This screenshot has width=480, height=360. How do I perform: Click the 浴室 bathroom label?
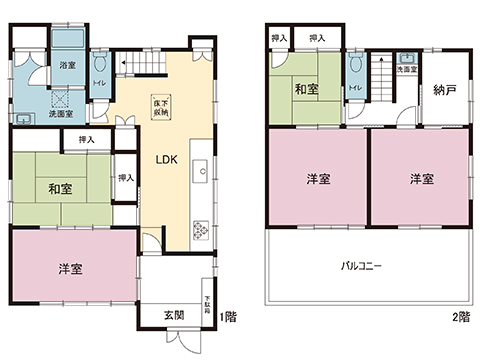(x=67, y=65)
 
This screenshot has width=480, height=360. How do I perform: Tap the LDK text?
(x=166, y=158)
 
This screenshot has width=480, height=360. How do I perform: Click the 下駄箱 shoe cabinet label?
(x=207, y=304)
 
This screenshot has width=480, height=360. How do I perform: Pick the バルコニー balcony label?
(x=363, y=268)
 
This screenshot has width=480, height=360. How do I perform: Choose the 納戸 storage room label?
(x=445, y=90)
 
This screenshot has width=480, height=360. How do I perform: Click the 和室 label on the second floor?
(x=306, y=90)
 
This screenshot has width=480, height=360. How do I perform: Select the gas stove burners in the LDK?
(x=199, y=229)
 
